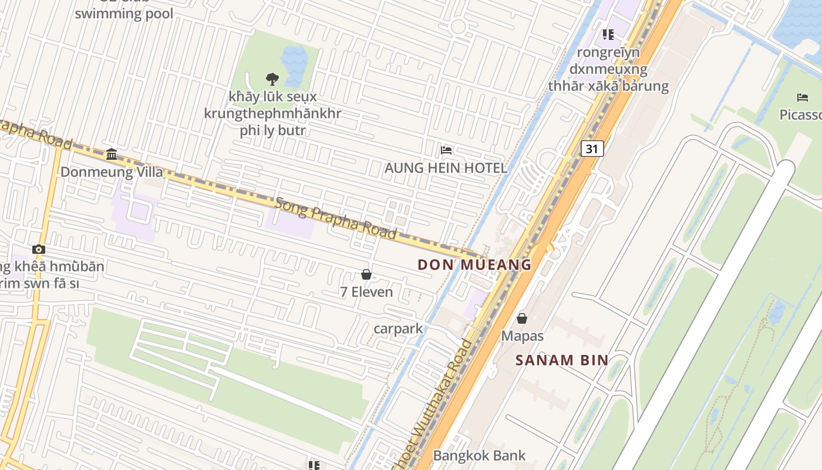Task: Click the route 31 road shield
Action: tap(592, 149)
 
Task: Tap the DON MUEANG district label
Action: tap(474, 265)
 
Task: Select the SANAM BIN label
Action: tap(561, 360)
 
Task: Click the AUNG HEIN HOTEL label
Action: tap(445, 168)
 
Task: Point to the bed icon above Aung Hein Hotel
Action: tap(446, 150)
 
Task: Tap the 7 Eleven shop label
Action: tap(366, 291)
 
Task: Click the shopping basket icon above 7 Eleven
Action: tap(366, 274)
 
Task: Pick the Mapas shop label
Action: tap(522, 336)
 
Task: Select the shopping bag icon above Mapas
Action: tap(521, 318)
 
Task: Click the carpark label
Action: tap(398, 328)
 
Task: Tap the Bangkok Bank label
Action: tap(479, 455)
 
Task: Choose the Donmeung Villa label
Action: tap(112, 172)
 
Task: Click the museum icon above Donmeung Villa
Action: tap(112, 155)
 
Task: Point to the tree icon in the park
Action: tap(271, 79)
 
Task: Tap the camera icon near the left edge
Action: tap(39, 249)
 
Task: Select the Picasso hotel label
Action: tap(800, 115)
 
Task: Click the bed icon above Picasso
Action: tap(802, 97)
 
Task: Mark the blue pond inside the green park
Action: tap(294, 59)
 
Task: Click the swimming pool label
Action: tap(124, 14)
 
